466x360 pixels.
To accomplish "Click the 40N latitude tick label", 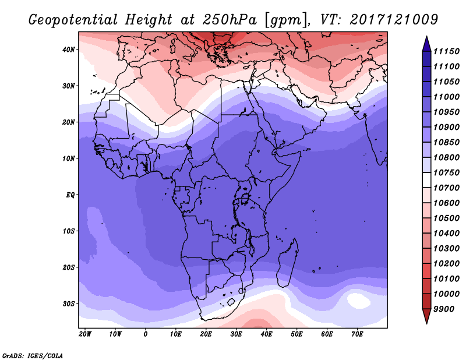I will point(69,50).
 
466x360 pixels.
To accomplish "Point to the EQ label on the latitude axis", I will point(70,195).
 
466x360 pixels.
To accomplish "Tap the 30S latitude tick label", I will point(69,303).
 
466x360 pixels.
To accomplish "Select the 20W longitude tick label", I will point(85,334).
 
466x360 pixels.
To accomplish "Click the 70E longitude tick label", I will point(357,334).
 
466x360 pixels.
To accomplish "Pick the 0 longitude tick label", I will point(146,334).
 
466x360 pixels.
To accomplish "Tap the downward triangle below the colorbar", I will point(426,316).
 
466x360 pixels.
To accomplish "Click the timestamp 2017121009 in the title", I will point(394,19).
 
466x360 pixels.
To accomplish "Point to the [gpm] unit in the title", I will point(285,20).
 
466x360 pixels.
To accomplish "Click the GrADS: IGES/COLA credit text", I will point(32,355).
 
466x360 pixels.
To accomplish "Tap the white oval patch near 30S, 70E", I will point(358,301).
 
